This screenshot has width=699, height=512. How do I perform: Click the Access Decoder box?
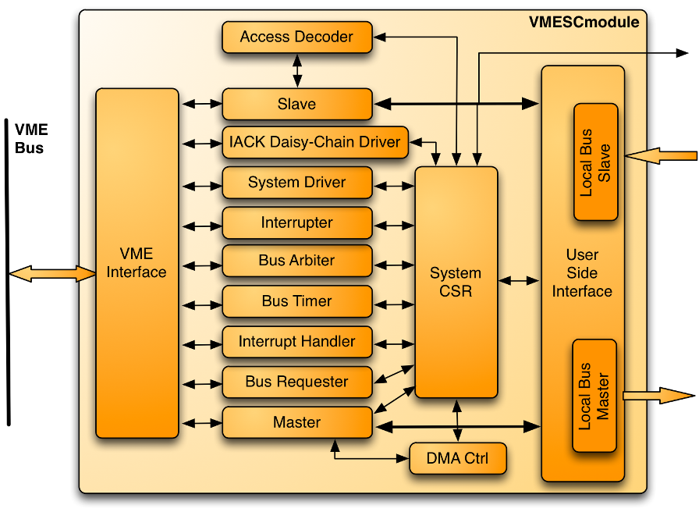[296, 37]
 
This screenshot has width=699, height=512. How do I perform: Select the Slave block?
[296, 104]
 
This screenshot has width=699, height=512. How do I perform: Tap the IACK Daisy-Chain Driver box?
[314, 142]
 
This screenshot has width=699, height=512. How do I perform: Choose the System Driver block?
[296, 183]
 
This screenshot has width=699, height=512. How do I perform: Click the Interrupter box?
[296, 223]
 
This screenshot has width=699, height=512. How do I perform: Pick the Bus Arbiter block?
[296, 261]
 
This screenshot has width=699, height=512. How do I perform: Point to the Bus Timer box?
[296, 301]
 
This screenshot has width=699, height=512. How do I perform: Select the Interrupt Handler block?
[296, 342]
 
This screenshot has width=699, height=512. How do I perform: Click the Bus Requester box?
[296, 382]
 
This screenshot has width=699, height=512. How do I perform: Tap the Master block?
[296, 422]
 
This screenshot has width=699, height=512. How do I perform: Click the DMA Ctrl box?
[458, 458]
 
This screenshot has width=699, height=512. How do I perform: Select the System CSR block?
[456, 283]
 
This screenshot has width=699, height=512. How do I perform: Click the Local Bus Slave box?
[595, 162]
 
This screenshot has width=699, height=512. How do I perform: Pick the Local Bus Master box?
[594, 395]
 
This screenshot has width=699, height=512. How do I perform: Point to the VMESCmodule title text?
[584, 22]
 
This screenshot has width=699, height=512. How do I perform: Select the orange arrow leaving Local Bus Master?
[658, 396]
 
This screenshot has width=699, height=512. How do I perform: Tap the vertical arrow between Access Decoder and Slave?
[296, 70]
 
